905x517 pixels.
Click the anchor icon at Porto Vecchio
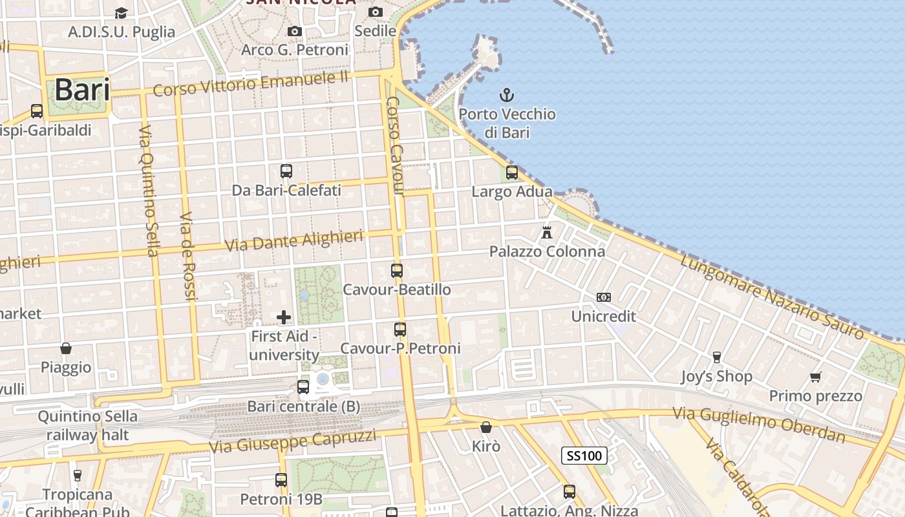pos(507,96)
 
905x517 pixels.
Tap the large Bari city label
pos(82,90)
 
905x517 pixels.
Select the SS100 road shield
pos(584,456)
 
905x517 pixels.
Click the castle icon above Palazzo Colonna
pos(547,232)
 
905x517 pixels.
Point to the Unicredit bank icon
pos(604,297)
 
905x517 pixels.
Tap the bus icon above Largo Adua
pos(512,173)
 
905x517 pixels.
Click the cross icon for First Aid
pos(284,317)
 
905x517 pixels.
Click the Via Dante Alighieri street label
pos(294,241)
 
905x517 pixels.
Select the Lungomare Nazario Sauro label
pos(772,296)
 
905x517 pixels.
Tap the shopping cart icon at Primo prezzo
pos(816,377)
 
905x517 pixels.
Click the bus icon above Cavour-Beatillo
pos(397,271)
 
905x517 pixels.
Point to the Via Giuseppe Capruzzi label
pos(293,441)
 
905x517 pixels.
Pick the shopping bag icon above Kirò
pos(486,427)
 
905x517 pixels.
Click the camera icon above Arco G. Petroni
pos(295,31)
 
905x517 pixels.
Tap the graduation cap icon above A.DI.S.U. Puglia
pos(121,13)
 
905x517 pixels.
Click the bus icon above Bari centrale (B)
pos(303,387)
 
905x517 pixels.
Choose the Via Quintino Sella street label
pos(147,190)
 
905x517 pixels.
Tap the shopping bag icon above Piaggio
pos(66,348)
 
